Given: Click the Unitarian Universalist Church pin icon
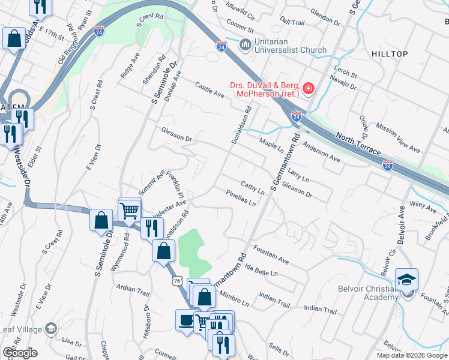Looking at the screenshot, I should click(245, 46).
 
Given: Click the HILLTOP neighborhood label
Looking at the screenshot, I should click(390, 54).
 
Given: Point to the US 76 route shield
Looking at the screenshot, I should click(176, 280).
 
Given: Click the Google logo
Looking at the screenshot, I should click(19, 353).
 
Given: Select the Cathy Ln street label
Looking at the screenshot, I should click(253, 187).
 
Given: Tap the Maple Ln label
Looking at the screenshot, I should click(271, 145).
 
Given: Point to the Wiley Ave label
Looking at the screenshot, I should click(424, 207).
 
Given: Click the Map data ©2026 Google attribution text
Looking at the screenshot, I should click(412, 355).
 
